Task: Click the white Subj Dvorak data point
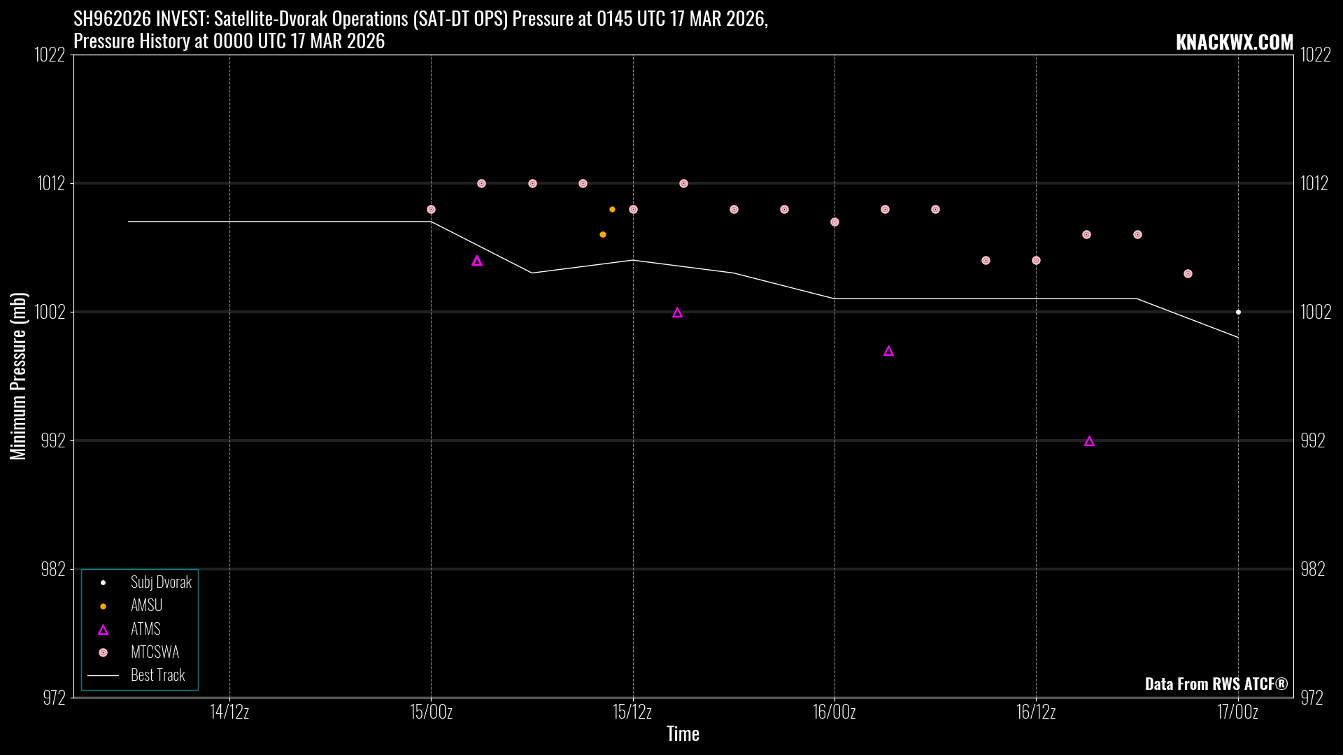pos(1238,312)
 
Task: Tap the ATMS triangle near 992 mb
pos(1089,441)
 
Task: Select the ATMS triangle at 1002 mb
pos(677,312)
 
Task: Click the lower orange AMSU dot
pos(603,235)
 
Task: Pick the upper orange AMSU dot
pos(612,210)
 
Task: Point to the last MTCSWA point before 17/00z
pos(1188,274)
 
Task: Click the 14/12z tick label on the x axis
pos(229,712)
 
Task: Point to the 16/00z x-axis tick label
pos(834,712)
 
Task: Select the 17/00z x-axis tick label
pos(1237,712)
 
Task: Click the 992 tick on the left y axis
pos(53,440)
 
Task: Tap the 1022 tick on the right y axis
pos(1315,55)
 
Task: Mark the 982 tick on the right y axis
pos(1312,569)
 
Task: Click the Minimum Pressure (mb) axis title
pos(18,376)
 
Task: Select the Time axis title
pos(683,734)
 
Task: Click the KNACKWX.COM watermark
pos(1234,43)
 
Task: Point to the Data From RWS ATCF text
pos(1216,684)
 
